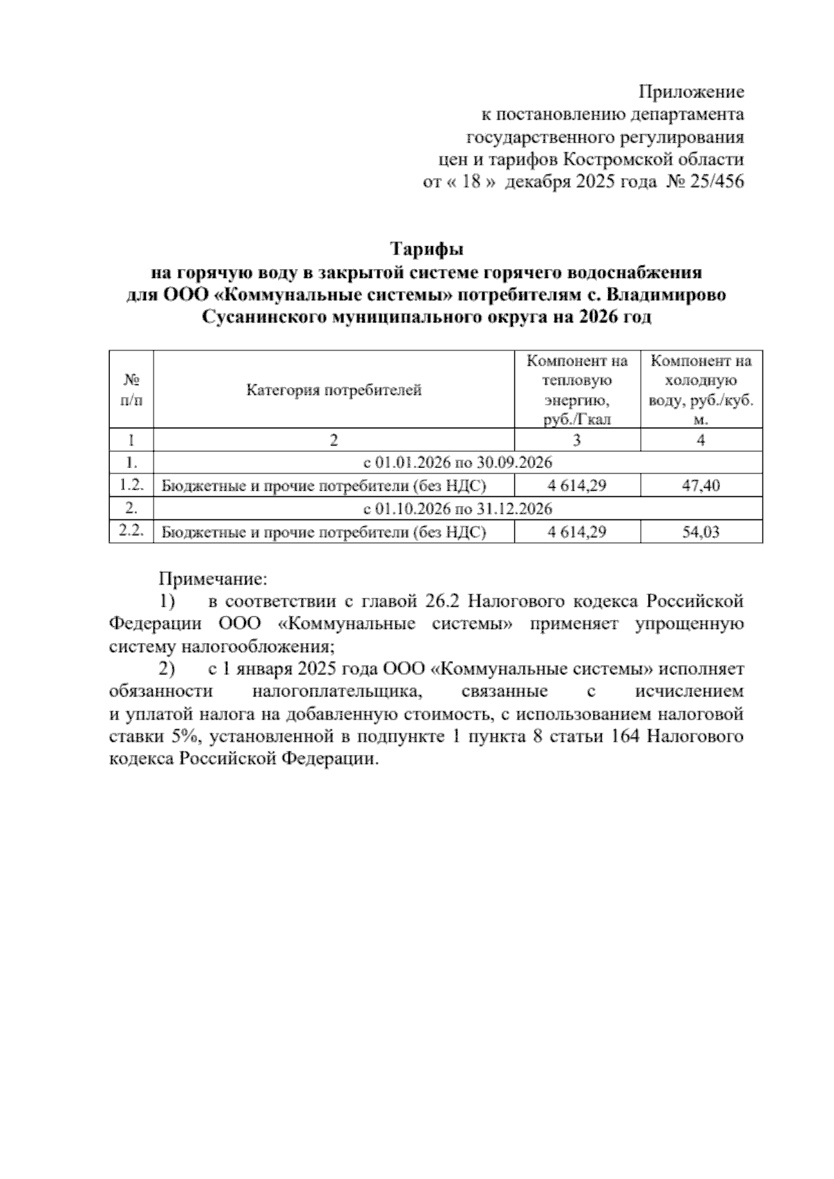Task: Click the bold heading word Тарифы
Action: tap(427, 248)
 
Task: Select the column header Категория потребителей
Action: tap(334, 390)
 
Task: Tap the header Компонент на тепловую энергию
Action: tap(577, 390)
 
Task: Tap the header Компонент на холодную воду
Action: tap(701, 390)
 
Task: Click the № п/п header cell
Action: tap(131, 390)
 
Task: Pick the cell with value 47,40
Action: tap(701, 486)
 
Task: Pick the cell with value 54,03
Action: tap(701, 532)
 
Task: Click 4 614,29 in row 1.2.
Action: tap(577, 486)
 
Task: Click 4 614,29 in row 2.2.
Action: tap(577, 532)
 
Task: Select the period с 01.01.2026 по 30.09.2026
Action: tap(457, 462)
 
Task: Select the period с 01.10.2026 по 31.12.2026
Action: tap(457, 509)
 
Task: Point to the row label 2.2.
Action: tap(131, 531)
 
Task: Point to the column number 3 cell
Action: tap(577, 439)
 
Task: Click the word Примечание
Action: tap(213, 578)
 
